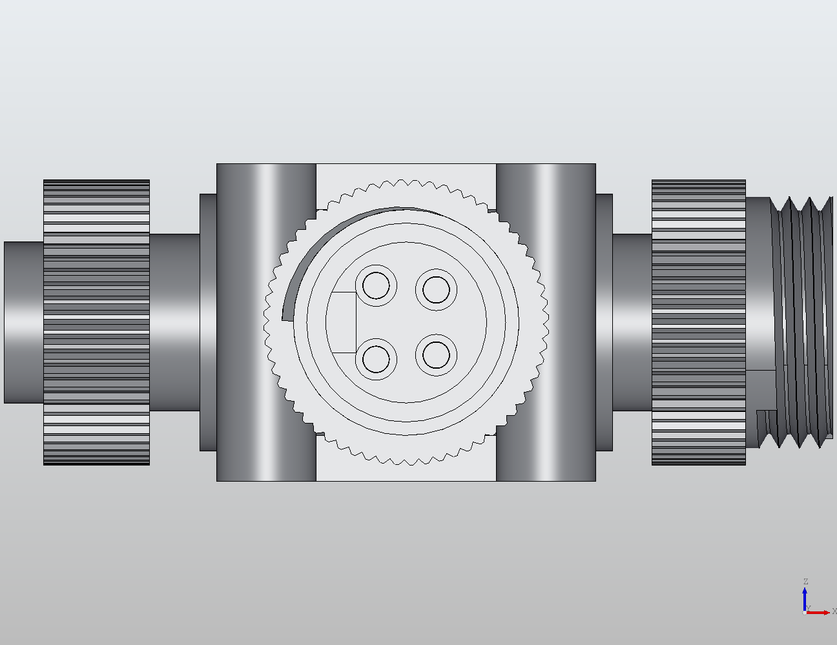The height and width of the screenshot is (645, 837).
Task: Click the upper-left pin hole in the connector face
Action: click(376, 285)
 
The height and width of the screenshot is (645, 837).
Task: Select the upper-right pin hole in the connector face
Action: click(436, 290)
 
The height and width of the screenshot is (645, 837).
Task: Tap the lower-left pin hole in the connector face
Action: click(376, 358)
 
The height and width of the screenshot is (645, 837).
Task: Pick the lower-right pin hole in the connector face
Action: click(436, 354)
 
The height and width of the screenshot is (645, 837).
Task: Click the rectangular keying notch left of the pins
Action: click(343, 322)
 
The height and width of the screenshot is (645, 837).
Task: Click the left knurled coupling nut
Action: click(96, 322)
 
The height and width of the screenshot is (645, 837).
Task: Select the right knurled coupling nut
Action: click(698, 322)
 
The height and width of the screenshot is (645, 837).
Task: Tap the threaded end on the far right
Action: click(801, 322)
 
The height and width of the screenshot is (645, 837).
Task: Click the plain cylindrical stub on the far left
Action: click(23, 322)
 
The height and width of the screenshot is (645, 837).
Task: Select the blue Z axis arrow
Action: click(805, 599)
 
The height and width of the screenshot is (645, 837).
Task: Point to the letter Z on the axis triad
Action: click(805, 582)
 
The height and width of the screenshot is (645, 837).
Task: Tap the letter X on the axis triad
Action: click(834, 611)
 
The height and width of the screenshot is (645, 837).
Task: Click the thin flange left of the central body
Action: click(208, 322)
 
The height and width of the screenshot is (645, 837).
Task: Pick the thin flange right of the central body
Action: click(604, 322)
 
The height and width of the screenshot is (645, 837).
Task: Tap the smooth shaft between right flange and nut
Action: click(632, 322)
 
